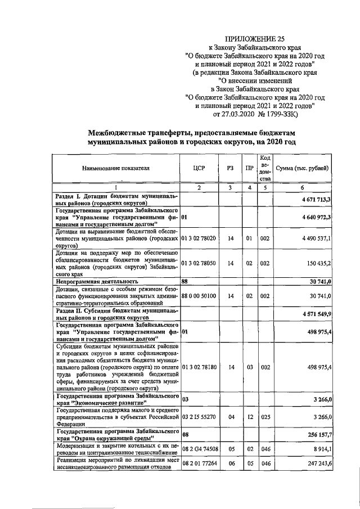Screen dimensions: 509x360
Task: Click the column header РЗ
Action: pyautogui.click(x=230, y=168)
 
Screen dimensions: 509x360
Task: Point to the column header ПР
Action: pyautogui.click(x=249, y=168)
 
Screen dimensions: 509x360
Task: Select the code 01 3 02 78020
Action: pyautogui.click(x=199, y=238)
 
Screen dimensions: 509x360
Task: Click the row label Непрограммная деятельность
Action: pyautogui.click(x=95, y=281)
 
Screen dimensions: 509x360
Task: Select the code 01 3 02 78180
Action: pyautogui.click(x=199, y=367)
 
